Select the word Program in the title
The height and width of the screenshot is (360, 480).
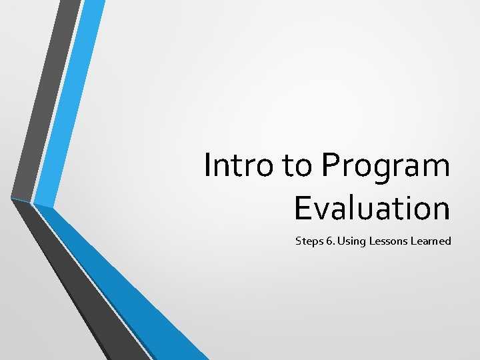click(x=385, y=167)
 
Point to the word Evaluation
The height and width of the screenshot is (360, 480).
click(x=372, y=208)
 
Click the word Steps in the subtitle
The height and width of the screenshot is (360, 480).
click(x=309, y=241)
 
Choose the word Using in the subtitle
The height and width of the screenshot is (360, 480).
click(x=350, y=241)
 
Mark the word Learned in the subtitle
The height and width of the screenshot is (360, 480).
click(x=430, y=241)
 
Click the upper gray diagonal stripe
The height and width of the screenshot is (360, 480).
click(x=47, y=100)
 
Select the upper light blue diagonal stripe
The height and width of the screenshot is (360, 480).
click(x=70, y=100)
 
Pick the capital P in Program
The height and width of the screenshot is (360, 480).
click(x=331, y=165)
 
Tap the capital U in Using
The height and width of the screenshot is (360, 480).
click(x=341, y=241)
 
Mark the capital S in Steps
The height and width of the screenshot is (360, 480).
click(x=299, y=241)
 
